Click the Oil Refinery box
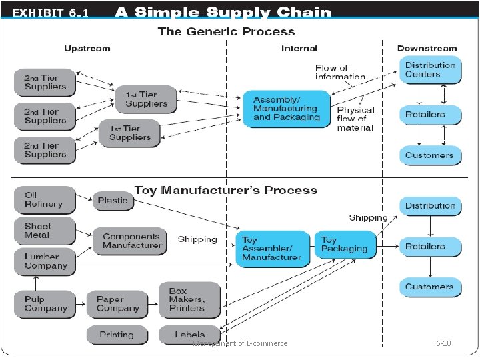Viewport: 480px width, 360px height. (x=45, y=200)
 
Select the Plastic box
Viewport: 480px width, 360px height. (x=113, y=201)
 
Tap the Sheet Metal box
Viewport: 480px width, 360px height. (x=45, y=231)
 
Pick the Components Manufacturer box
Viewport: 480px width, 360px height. (x=130, y=241)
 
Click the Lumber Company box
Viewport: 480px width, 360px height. (x=45, y=262)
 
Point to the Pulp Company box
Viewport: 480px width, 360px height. (x=45, y=304)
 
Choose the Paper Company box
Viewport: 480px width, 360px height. (x=117, y=304)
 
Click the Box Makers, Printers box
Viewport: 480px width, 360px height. (x=190, y=300)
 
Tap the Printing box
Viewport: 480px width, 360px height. (x=117, y=335)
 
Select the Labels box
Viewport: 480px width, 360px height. (x=190, y=335)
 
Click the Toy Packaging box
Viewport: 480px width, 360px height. (x=345, y=245)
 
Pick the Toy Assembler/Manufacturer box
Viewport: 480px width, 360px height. (x=273, y=249)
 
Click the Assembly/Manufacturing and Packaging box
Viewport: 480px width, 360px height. (x=287, y=109)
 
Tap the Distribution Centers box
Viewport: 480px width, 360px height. (x=431, y=70)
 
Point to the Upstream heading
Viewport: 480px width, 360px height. (x=87, y=49)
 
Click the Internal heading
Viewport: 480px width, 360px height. (x=299, y=49)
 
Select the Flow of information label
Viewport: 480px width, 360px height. (x=340, y=72)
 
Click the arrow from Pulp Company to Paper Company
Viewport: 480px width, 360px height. (x=81, y=304)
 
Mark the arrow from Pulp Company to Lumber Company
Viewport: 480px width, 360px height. (x=36, y=283)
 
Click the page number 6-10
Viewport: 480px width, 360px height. (x=443, y=343)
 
